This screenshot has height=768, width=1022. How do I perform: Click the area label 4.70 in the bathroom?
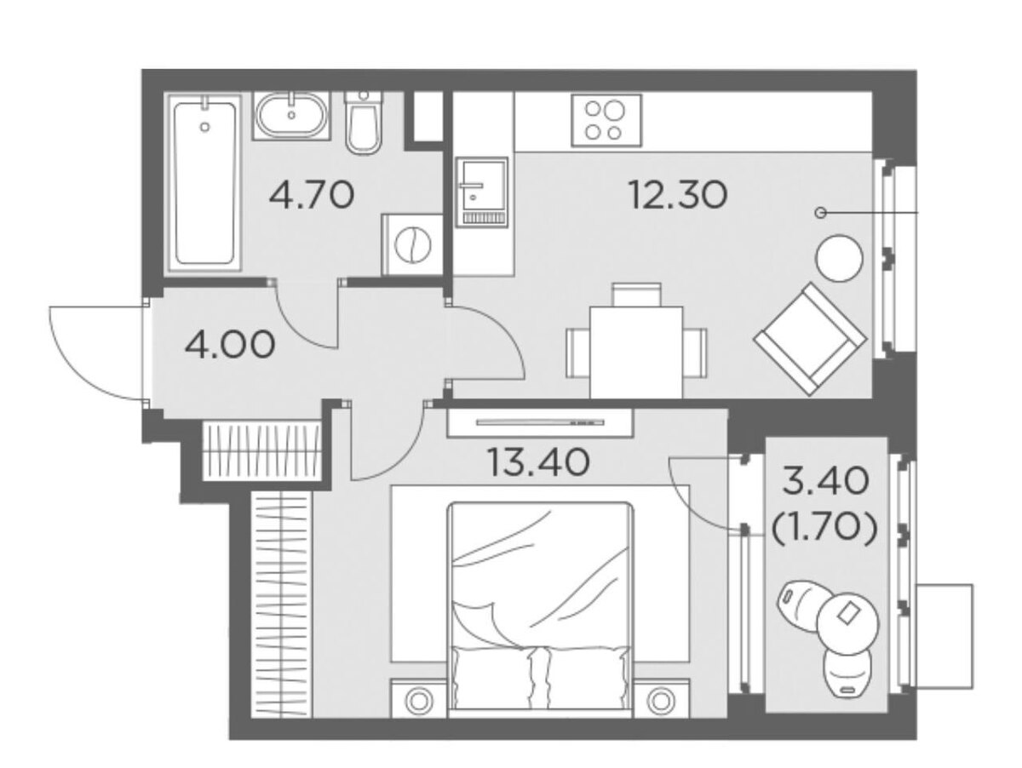pyautogui.click(x=312, y=195)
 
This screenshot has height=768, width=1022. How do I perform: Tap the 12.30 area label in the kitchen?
pyautogui.click(x=677, y=195)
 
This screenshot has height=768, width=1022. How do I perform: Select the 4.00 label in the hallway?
pyautogui.click(x=230, y=345)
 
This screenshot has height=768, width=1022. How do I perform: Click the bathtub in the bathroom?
pyautogui.click(x=205, y=182)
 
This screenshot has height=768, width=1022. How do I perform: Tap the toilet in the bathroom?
pyautogui.click(x=363, y=123)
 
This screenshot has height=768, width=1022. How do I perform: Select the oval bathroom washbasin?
pyautogui.click(x=291, y=116)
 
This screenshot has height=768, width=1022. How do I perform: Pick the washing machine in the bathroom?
pyautogui.click(x=412, y=244)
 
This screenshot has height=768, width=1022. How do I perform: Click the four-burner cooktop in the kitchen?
pyautogui.click(x=606, y=121)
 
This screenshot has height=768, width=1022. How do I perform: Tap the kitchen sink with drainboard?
pyautogui.click(x=481, y=192)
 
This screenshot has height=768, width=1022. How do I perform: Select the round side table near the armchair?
pyautogui.click(x=839, y=258)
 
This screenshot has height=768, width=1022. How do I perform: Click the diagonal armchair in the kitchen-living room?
pyautogui.click(x=810, y=339)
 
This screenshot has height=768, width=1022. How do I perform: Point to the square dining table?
pyautogui.click(x=636, y=352)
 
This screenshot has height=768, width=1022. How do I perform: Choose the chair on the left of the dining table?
pyautogui.click(x=578, y=352)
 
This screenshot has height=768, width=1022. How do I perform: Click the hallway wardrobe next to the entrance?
pyautogui.click(x=263, y=450)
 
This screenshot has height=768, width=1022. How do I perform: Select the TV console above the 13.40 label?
pyautogui.click(x=540, y=422)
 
